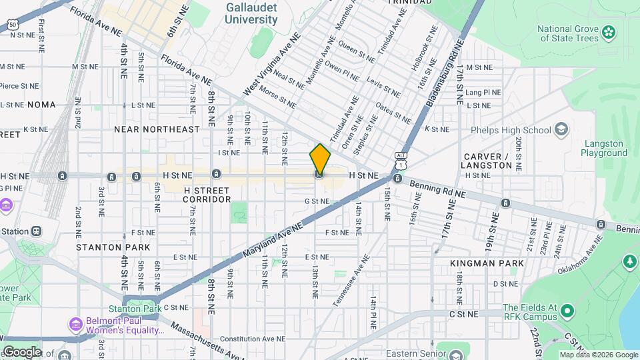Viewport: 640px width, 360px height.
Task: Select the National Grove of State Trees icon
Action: point(608,31)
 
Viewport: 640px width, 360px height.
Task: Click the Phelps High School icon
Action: point(561,129)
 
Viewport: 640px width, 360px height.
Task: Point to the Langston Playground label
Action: point(604,148)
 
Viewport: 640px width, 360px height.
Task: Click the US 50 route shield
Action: point(13,25)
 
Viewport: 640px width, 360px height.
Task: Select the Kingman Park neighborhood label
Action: point(487,263)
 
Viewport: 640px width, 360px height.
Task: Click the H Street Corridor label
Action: point(207,195)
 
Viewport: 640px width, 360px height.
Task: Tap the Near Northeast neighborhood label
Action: point(157,129)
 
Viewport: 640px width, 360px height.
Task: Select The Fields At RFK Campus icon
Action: point(567,311)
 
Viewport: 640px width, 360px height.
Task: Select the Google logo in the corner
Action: point(22,351)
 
